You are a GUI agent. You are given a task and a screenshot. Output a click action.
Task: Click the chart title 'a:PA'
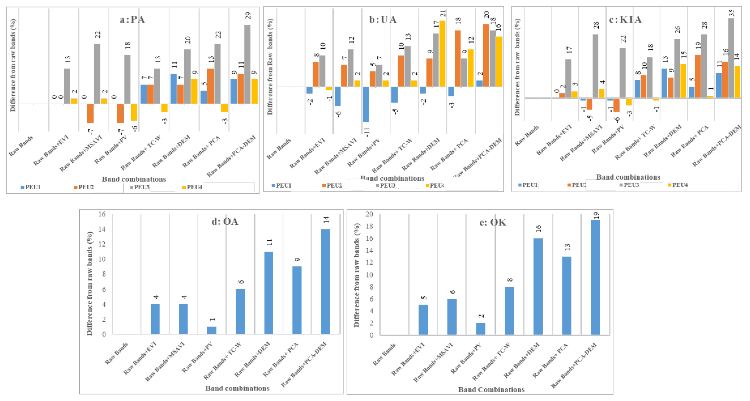pyautogui.click(x=132, y=19)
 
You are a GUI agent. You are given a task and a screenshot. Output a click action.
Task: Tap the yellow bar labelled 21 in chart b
pyautogui.click(x=442, y=54)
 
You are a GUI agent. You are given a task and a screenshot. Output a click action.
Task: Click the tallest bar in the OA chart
pyautogui.click(x=325, y=281)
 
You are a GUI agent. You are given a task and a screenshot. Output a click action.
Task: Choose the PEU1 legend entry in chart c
pyautogui.click(x=528, y=185)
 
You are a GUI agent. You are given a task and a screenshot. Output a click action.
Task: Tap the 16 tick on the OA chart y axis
pyautogui.click(x=102, y=214)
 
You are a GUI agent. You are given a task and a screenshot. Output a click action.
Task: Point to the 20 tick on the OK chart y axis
pyautogui.click(x=369, y=214)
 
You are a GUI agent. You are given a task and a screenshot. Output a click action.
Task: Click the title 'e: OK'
pyautogui.click(x=493, y=222)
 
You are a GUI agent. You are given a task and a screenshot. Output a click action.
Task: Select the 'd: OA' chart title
pyautogui.click(x=225, y=222)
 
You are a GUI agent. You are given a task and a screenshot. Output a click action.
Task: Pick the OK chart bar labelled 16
pyautogui.click(x=538, y=286)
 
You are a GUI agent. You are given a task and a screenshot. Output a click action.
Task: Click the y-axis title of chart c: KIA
pyautogui.click(x=517, y=67)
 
